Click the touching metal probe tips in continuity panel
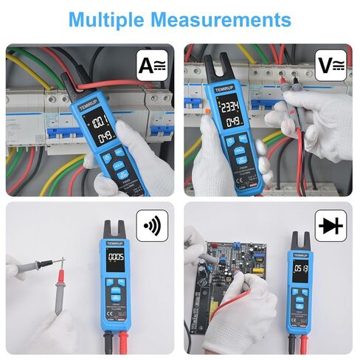tap(62, 261)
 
